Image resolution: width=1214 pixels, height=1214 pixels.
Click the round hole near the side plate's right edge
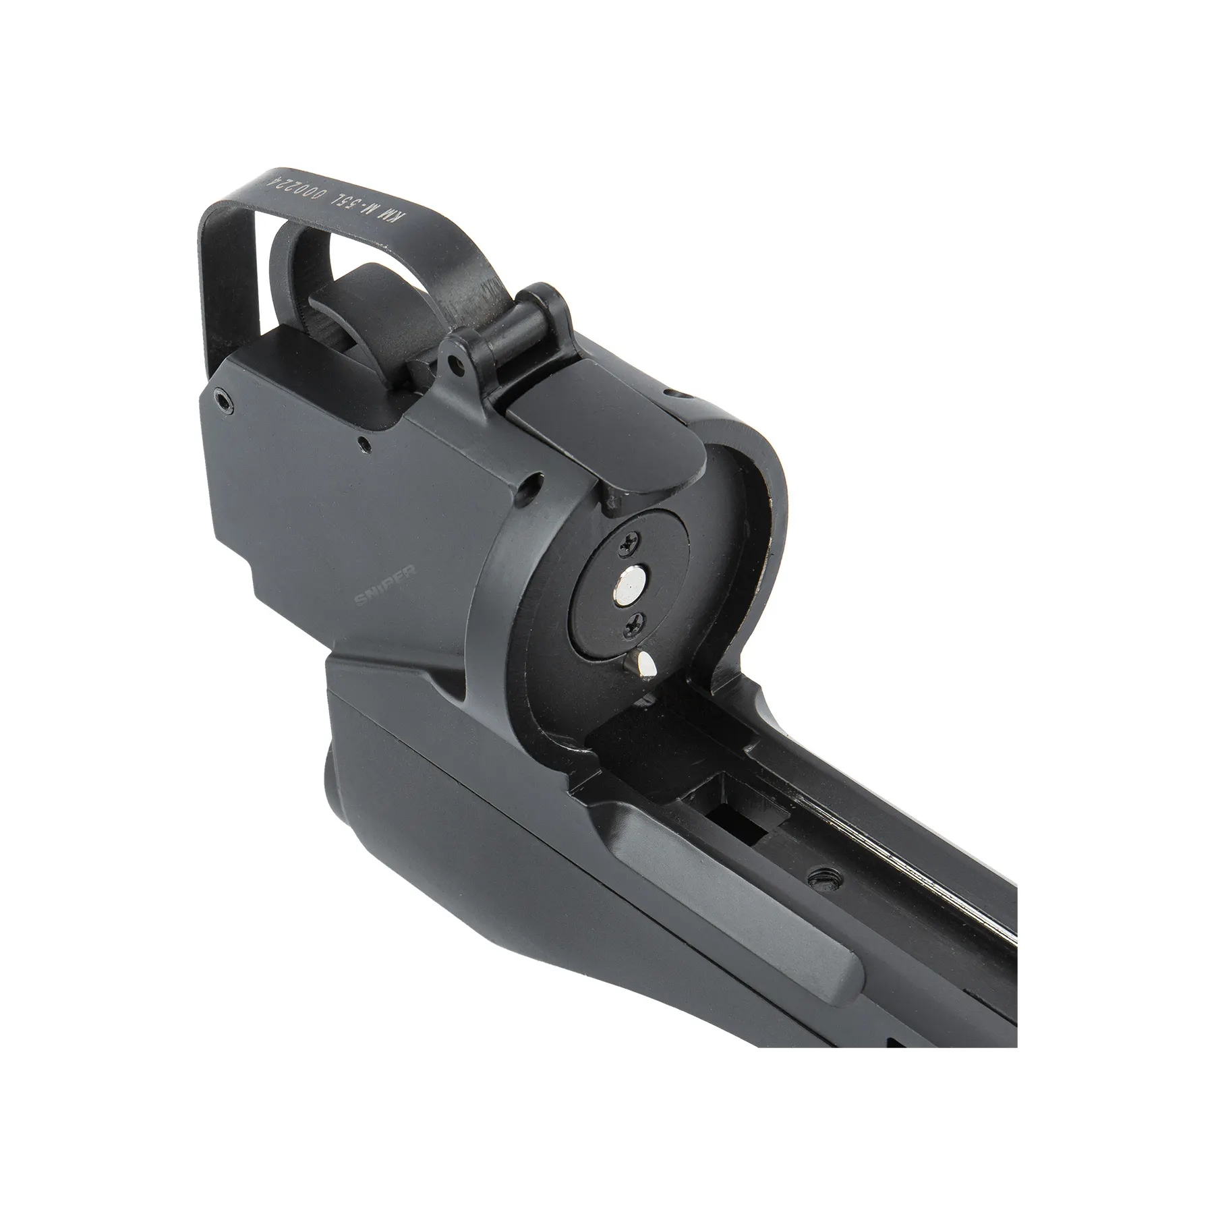click(536, 483)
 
